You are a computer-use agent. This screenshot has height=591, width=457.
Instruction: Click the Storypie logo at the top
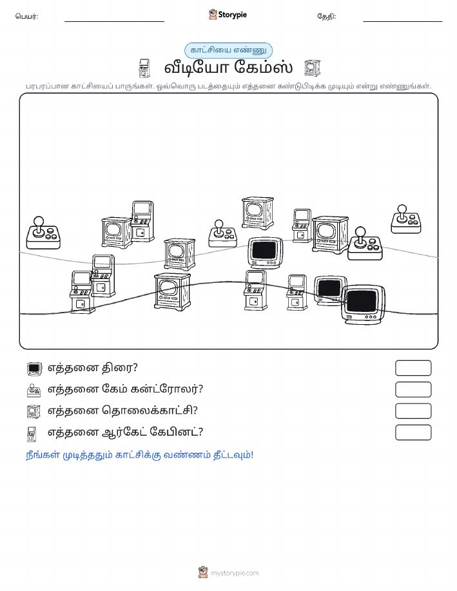point(228,15)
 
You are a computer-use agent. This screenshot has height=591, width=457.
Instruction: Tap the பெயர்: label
point(26,17)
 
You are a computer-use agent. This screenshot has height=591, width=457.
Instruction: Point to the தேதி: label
point(327,17)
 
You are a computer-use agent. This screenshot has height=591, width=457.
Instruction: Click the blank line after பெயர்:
point(114,21)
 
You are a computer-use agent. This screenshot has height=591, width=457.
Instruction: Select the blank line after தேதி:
point(402,21)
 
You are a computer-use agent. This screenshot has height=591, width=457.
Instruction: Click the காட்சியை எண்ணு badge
point(228,50)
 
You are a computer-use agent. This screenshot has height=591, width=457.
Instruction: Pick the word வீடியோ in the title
point(196,68)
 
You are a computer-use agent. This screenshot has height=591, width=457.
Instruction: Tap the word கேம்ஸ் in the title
point(263,68)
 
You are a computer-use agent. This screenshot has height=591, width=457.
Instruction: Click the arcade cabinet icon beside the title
point(144,68)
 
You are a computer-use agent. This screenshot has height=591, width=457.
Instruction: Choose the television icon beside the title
point(312,68)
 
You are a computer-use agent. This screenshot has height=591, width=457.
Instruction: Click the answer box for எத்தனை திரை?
point(413,368)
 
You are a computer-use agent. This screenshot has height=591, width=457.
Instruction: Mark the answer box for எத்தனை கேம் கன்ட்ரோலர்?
point(413,389)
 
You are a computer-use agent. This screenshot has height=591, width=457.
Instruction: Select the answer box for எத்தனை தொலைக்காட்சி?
point(413,411)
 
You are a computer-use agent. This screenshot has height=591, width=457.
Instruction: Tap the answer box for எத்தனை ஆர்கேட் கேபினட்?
point(413,432)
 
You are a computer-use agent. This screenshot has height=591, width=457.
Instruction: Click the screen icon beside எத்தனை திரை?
point(34,369)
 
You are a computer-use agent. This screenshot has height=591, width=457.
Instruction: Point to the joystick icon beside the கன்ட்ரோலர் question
point(34,390)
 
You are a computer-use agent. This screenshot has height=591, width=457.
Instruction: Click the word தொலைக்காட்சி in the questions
point(150,411)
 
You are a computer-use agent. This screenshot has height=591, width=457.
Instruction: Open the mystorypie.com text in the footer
point(235,573)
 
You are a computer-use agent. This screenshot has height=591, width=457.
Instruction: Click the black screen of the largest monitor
point(362,300)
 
